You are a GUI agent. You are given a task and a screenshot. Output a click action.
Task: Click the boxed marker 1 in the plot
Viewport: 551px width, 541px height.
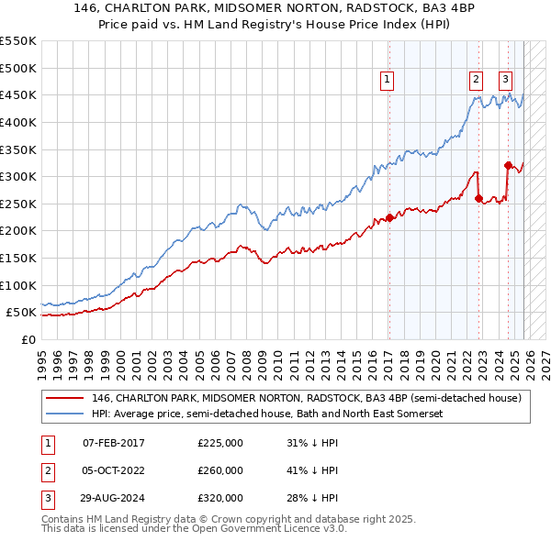388,81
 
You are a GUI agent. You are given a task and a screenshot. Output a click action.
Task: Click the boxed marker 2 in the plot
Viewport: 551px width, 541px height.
476,81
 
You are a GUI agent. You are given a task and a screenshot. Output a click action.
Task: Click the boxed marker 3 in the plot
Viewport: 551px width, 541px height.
506,81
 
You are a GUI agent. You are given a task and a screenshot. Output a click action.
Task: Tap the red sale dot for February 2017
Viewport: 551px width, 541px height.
389,217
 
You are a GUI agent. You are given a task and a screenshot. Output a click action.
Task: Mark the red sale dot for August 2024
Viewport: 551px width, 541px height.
508,165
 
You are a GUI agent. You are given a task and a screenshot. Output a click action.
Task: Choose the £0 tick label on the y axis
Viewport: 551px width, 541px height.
28,339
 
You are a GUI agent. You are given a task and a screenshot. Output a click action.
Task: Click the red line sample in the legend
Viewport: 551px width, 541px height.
64,398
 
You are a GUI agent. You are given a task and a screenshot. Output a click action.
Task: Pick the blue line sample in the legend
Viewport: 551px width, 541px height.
64,414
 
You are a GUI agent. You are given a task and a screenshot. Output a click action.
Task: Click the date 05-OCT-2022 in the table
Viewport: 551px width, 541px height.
113,470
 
